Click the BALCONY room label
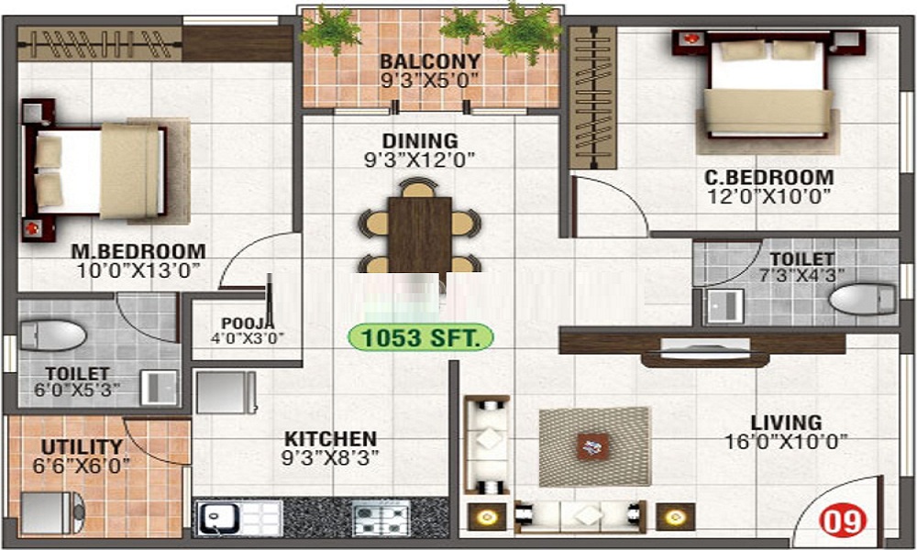coord(430,60)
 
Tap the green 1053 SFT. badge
coord(421,337)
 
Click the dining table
coord(420,235)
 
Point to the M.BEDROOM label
coord(138,251)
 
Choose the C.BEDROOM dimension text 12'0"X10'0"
coord(769,196)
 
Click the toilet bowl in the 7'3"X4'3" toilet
coord(863,299)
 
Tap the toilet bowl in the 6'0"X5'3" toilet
coord(53,335)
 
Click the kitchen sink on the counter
coord(218,519)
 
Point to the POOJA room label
coord(248,324)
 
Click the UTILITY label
coord(82,447)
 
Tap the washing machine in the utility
coord(52,512)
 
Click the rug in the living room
coord(594,446)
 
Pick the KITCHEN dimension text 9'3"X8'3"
coord(330,457)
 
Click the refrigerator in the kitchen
coord(226,391)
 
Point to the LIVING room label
coord(786,422)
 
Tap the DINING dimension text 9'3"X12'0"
coord(419,159)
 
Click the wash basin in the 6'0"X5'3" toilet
coord(159,387)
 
